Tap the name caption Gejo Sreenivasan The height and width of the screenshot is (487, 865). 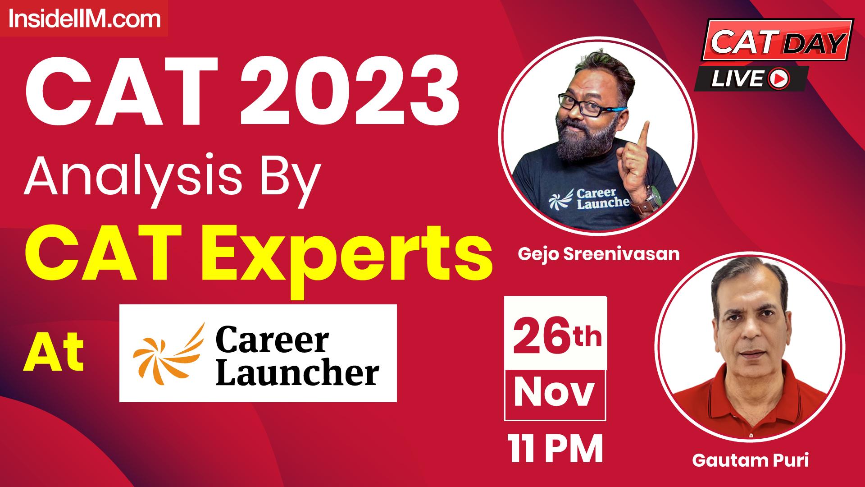(598, 254)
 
